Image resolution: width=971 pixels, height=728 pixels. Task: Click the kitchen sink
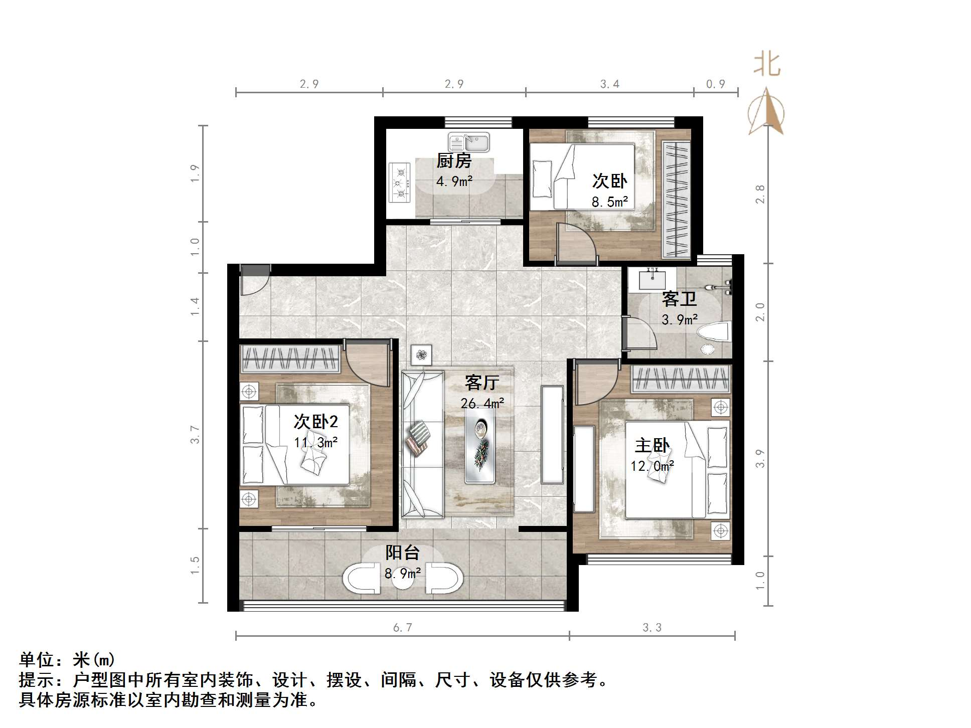click(468, 142)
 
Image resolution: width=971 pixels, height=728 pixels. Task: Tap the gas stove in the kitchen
click(400, 183)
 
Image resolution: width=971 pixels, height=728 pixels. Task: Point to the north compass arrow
click(765, 111)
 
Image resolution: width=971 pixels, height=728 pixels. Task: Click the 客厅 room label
click(481, 383)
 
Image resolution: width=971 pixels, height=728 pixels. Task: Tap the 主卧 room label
click(652, 445)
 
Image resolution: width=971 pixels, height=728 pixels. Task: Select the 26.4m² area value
click(482, 403)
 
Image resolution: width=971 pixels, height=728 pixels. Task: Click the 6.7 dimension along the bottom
click(402, 627)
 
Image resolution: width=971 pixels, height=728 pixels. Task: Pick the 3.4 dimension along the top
click(609, 84)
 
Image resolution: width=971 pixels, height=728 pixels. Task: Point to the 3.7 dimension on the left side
click(195, 434)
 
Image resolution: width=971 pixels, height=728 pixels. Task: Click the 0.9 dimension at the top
click(715, 84)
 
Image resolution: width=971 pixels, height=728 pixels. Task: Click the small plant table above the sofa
click(421, 355)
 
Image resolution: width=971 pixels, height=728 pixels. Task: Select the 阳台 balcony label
click(402, 553)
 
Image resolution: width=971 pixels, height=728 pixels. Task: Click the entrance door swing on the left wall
click(254, 283)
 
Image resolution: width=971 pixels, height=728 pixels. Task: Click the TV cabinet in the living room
click(552, 435)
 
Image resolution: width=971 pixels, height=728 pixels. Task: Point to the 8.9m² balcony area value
click(402, 573)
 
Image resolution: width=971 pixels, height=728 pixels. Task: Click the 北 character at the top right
click(766, 65)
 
